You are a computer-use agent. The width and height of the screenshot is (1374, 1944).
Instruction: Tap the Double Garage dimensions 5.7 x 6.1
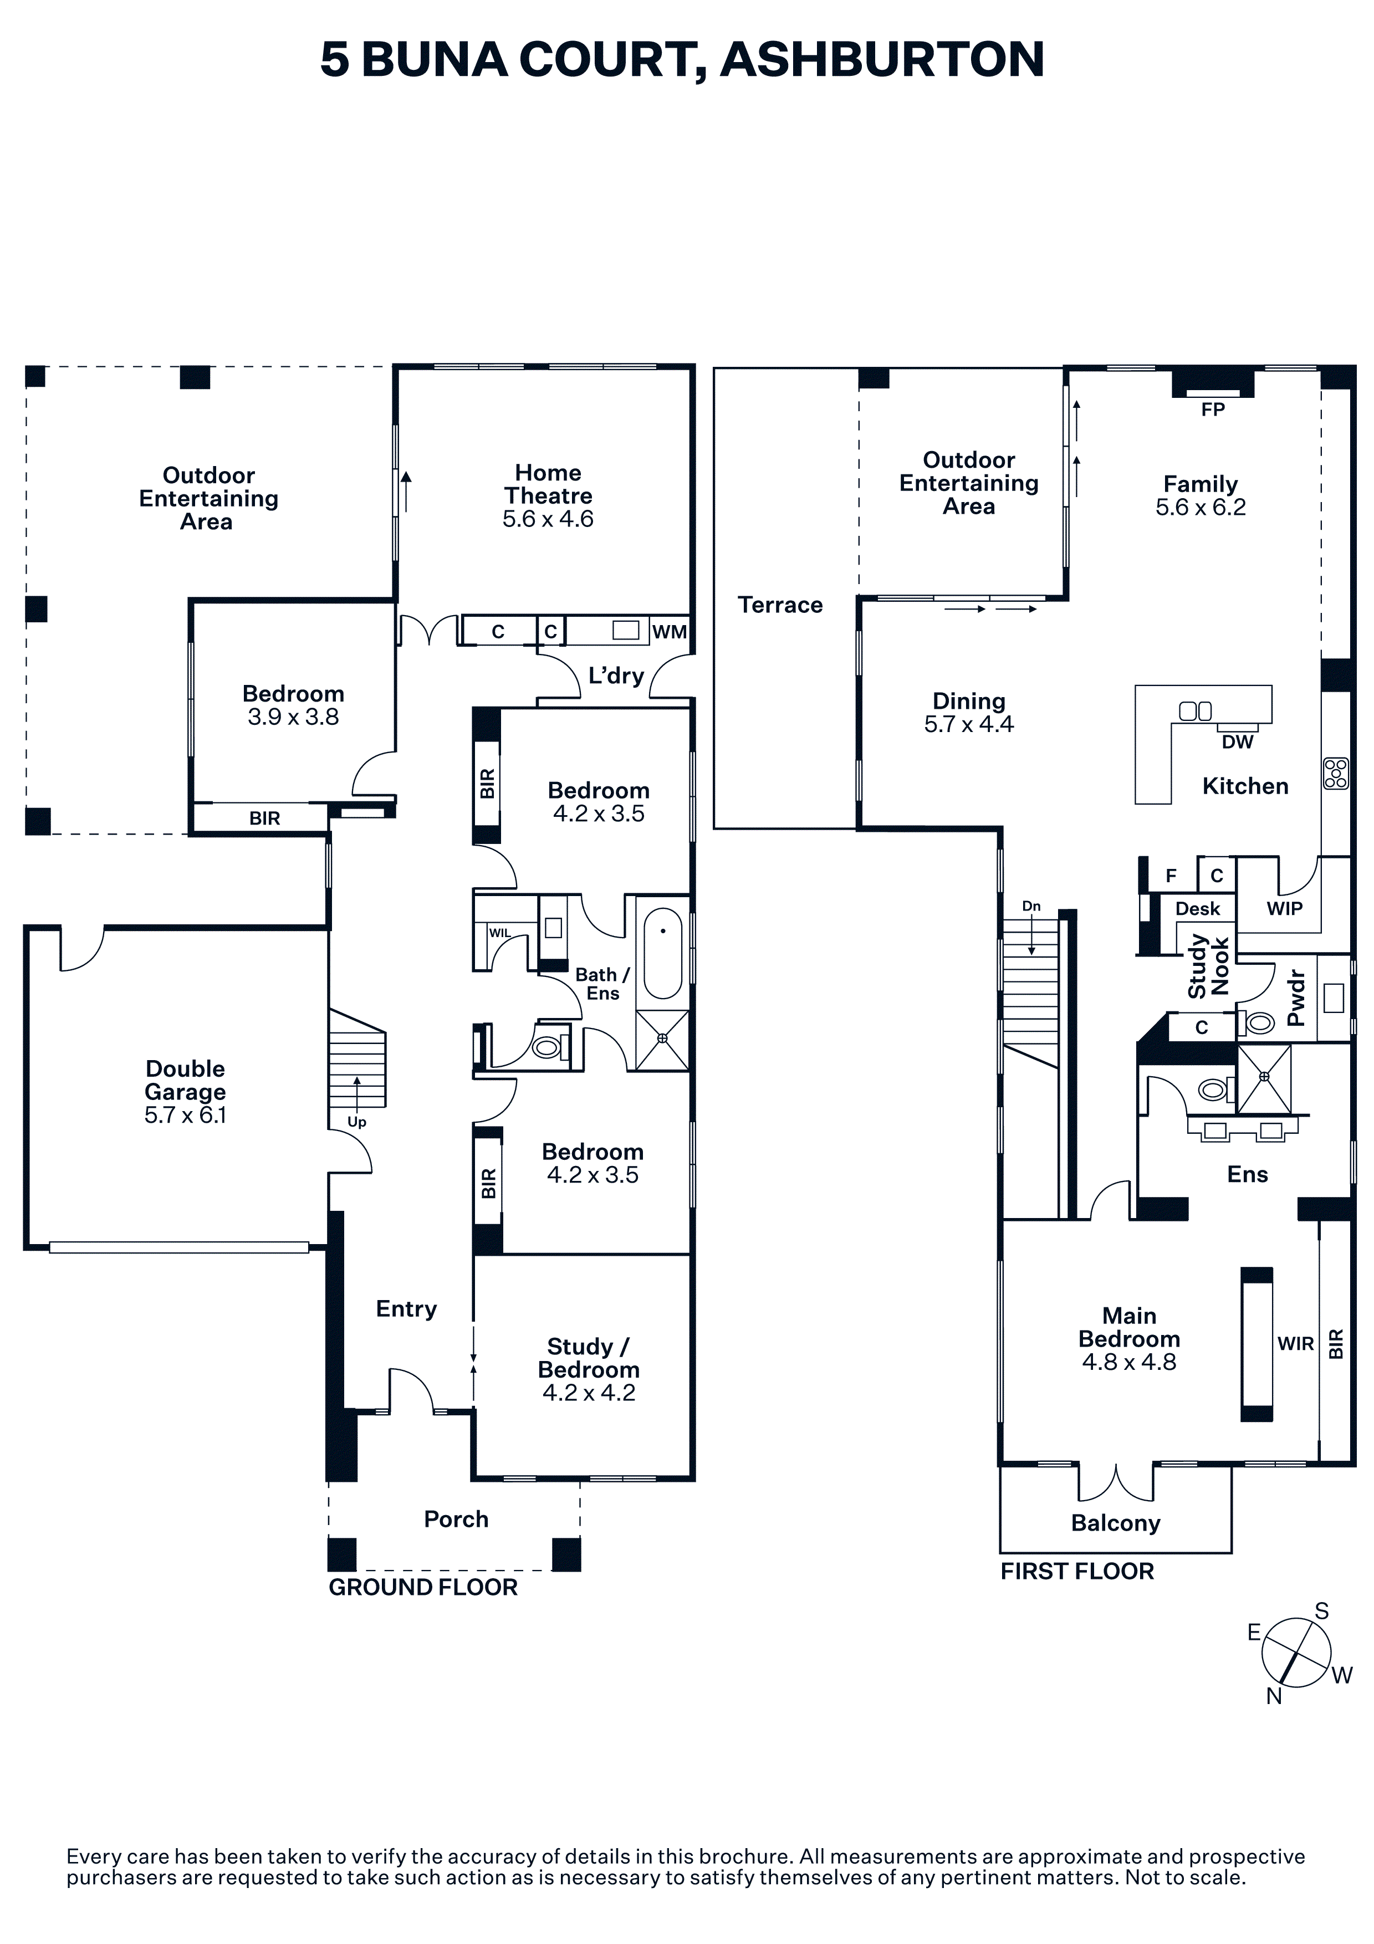pyautogui.click(x=186, y=1115)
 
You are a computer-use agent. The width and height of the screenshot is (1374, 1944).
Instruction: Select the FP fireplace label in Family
pyautogui.click(x=1212, y=410)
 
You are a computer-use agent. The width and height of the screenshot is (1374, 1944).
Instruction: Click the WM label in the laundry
pyautogui.click(x=669, y=632)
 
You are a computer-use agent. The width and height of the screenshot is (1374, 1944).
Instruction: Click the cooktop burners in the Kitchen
pyautogui.click(x=1336, y=773)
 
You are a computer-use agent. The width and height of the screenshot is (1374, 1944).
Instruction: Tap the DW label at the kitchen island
pyautogui.click(x=1237, y=741)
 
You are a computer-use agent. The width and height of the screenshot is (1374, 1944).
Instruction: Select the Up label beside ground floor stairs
pyautogui.click(x=356, y=1122)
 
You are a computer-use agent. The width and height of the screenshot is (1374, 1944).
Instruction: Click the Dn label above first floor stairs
pyautogui.click(x=1030, y=906)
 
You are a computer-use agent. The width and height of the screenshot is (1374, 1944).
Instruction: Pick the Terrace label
pyautogui.click(x=780, y=605)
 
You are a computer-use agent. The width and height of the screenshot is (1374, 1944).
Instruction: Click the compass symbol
pyautogui.click(x=1295, y=1652)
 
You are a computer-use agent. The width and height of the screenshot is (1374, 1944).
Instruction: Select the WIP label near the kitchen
pyautogui.click(x=1284, y=908)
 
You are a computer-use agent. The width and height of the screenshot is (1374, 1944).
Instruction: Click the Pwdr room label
pyautogui.click(x=1296, y=998)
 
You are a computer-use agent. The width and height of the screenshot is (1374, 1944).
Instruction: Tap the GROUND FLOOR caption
pyautogui.click(x=422, y=1588)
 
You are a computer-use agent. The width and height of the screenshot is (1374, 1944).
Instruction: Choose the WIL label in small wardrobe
pyautogui.click(x=499, y=933)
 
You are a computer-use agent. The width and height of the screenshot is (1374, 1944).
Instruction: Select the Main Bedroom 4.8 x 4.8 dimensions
pyautogui.click(x=1128, y=1362)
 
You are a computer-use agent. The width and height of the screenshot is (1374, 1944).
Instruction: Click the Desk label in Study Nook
pyautogui.click(x=1197, y=908)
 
